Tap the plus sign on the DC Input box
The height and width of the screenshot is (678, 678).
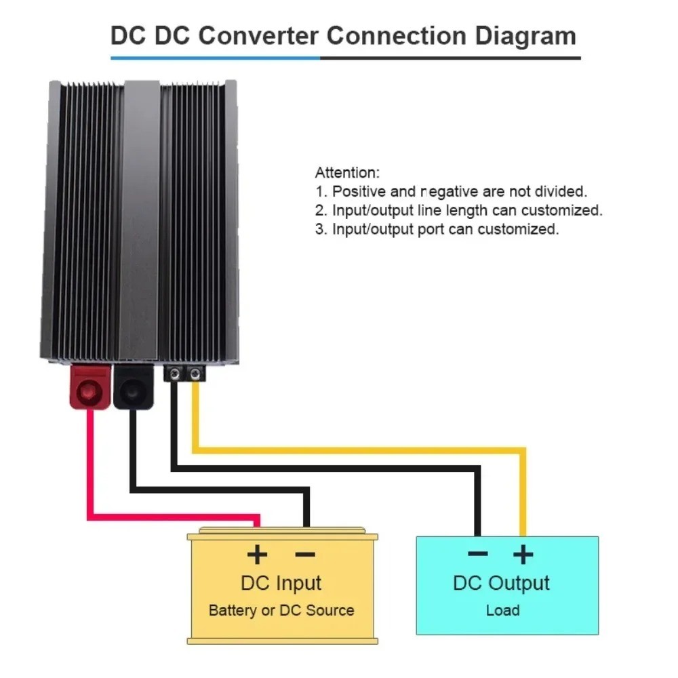257,555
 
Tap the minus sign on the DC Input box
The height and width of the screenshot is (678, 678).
305,555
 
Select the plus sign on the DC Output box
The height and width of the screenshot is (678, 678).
522,555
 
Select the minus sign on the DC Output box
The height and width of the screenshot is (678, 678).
477,554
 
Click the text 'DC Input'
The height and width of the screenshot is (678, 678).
281,583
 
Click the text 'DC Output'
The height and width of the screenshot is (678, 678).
502,583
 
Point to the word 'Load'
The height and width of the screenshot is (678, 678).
502,610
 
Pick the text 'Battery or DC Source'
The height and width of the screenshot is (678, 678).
281,610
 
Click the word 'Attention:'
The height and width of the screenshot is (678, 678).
347,173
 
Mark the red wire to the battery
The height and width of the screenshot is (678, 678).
88,475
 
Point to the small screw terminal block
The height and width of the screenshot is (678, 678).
185,373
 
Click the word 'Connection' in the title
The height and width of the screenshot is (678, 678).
393,35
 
